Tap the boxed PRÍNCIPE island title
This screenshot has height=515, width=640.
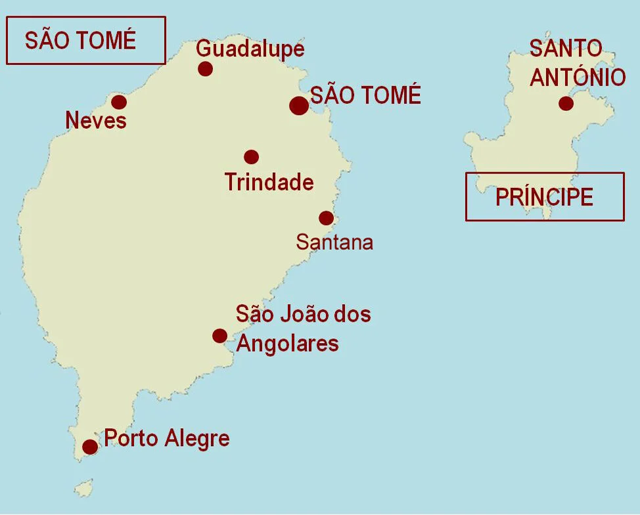544,196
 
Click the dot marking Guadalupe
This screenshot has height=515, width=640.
206,68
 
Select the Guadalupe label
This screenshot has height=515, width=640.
250,49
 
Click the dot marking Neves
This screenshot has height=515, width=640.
119,102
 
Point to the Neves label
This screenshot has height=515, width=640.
96,121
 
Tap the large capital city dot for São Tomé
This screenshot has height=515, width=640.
298,105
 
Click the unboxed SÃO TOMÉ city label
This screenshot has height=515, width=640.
365,96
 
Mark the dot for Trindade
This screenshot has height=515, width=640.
251,156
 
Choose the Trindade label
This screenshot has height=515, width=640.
269,182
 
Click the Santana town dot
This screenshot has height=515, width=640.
326,218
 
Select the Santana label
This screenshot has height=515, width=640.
334,242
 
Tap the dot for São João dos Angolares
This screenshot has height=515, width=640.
220,336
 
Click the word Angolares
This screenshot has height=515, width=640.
287,344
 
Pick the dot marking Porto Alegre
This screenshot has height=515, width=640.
90,447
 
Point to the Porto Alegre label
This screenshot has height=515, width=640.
167,438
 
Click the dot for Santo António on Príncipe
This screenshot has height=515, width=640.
566,103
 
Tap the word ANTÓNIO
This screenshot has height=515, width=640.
578,78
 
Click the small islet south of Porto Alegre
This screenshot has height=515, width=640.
83,488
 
